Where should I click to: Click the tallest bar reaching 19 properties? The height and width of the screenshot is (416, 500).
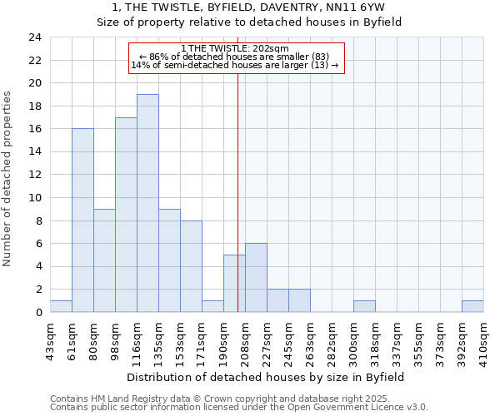tap(147, 203)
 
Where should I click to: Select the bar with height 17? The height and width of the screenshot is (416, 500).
tap(126, 215)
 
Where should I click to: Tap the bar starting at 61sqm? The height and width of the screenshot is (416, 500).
tap(82, 220)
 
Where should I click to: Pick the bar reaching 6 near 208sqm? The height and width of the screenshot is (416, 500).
tap(256, 278)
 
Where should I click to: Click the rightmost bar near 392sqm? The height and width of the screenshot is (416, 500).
tap(472, 306)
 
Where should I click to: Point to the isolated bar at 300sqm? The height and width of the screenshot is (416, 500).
tap(364, 306)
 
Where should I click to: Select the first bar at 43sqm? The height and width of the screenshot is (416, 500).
tap(61, 306)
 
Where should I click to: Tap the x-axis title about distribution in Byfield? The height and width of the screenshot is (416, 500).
tap(266, 377)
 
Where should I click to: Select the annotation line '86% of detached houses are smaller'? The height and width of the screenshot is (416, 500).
tap(236, 57)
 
